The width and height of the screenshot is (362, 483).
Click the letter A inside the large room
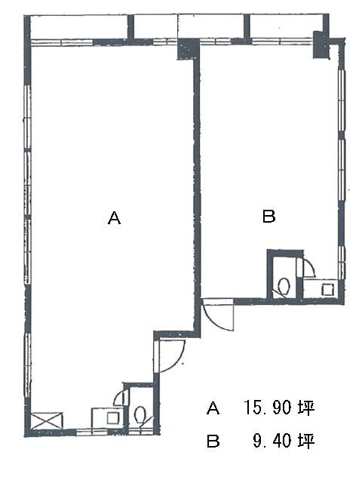coord(114,218)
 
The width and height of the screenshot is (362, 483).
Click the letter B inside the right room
coord(268,216)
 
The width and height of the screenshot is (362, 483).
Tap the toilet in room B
coord(284,286)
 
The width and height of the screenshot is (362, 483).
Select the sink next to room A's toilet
coord(107,417)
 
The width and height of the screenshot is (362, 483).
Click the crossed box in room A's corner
coord(47,420)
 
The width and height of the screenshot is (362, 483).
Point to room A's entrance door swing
coord(170,356)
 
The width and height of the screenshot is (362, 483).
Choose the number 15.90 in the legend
coord(267,408)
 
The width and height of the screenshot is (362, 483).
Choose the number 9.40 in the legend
coord(271,441)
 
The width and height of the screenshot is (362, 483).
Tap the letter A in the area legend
coord(213,408)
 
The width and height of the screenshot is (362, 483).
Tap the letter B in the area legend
coord(213,441)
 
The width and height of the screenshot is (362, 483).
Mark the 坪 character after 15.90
coord(306,408)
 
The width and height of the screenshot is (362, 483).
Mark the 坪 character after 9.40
coord(306,441)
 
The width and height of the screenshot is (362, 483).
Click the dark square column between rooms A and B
coord(188,48)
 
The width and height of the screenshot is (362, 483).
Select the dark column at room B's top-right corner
coord(321,45)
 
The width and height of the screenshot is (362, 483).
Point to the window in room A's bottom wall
coord(92,432)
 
